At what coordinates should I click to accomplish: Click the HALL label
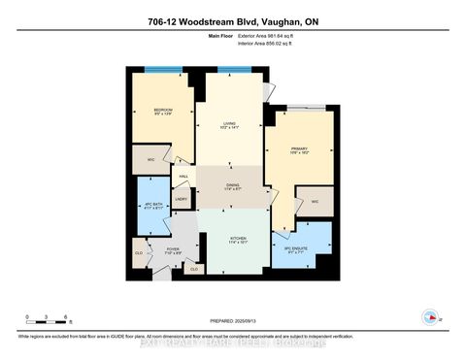coord(183,177)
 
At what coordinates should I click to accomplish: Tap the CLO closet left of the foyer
coord(139,257)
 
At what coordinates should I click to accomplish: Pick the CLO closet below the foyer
coord(194,268)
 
